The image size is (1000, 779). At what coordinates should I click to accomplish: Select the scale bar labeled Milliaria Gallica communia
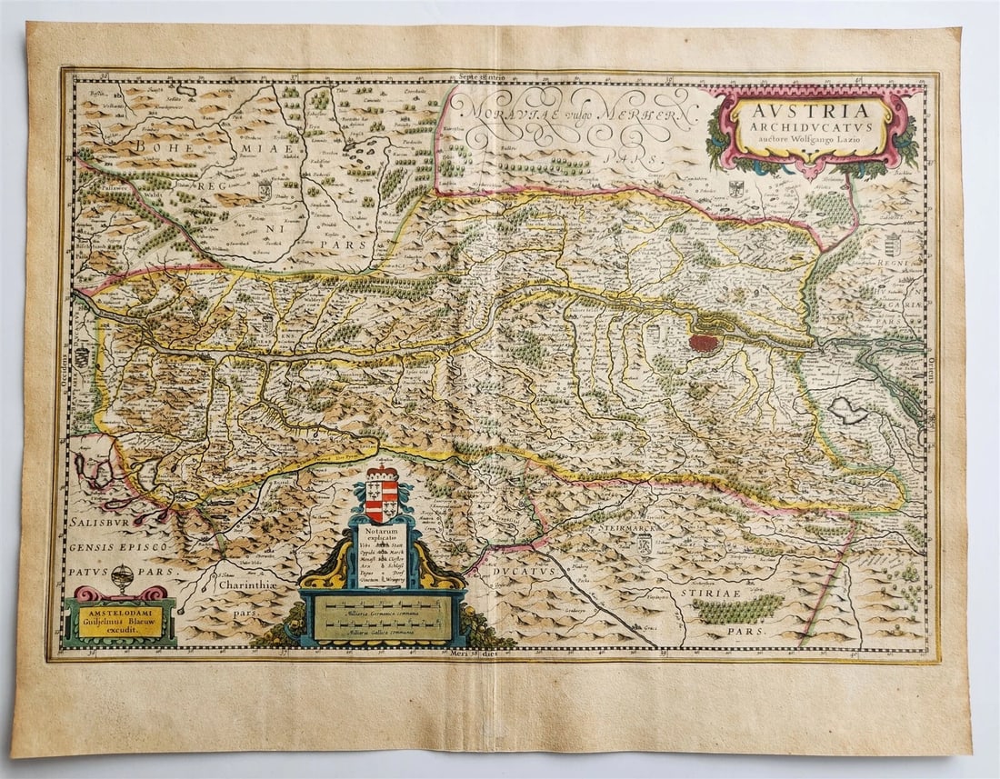pos(383,627)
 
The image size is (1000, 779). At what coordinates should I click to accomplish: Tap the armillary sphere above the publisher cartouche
pos(123,577)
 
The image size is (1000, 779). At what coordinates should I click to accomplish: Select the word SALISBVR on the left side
pos(105,527)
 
